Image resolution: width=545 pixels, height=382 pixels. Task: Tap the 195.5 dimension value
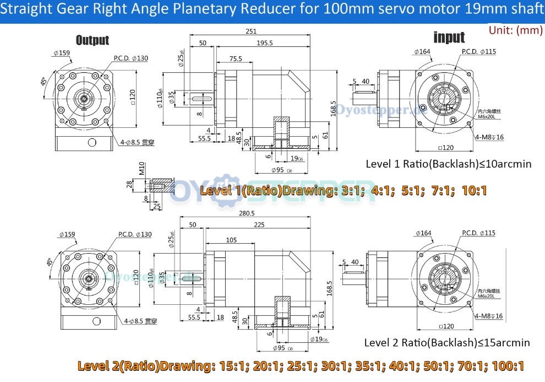tap(264, 43)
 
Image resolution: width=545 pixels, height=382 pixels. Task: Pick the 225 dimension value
tap(259, 224)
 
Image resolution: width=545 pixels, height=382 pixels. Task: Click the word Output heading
tap(92, 40)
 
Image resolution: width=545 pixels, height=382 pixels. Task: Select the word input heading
tap(449, 37)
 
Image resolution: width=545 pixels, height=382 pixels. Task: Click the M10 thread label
tap(141, 168)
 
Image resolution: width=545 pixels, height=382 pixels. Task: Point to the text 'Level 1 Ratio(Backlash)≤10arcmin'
tap(449, 164)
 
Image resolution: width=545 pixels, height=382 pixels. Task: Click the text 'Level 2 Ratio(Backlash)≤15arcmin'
tap(447, 342)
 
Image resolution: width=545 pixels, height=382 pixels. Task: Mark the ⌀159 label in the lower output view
tap(69, 234)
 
